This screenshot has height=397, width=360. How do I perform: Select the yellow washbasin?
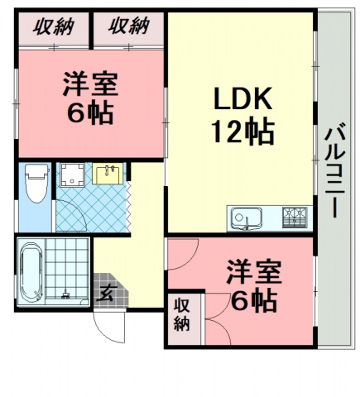[x=108, y=175]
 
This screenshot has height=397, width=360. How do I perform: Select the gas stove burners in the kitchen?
[x=294, y=218]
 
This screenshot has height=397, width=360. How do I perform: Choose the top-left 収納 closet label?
[x=53, y=26]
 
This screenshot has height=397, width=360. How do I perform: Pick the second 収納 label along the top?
[x=128, y=26]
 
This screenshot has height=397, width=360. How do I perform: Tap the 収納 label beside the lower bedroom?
[x=181, y=313]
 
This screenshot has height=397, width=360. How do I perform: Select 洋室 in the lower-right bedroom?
[x=254, y=271]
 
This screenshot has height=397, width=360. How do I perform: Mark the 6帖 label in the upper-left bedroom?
[x=91, y=112]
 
